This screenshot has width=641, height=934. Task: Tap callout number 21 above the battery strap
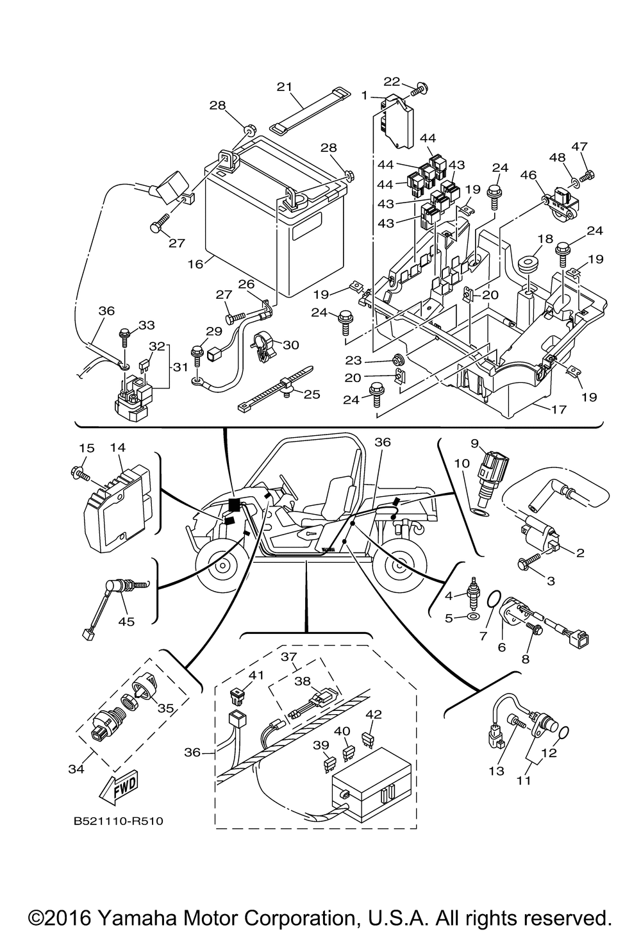284,87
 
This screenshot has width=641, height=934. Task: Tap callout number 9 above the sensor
475,443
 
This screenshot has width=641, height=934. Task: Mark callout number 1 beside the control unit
364,96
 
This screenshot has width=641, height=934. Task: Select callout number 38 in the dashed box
302,683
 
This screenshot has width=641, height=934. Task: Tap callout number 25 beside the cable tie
312,394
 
